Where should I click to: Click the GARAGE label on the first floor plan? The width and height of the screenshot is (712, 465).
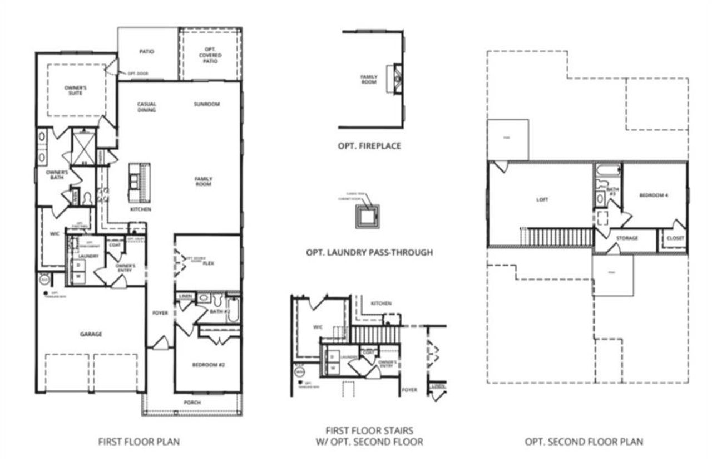tap(91, 334)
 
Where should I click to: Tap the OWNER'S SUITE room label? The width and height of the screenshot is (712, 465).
tap(76, 90)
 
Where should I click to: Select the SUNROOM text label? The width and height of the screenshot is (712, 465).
tap(206, 104)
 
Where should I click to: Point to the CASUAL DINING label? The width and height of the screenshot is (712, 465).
tap(147, 107)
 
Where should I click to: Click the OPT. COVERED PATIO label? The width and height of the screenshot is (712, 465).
tap(210, 55)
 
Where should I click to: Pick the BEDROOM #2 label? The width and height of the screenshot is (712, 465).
tap(207, 365)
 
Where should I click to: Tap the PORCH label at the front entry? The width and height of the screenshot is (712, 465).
tap(192, 402)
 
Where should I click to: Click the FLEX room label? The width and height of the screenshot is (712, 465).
tap(209, 263)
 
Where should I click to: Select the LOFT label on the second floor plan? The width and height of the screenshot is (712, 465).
tap(542, 199)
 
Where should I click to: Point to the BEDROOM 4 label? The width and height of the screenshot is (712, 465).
tap(654, 195)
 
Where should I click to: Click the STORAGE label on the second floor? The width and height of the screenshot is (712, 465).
tap(626, 238)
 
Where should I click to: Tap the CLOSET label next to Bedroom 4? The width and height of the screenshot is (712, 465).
tap(675, 238)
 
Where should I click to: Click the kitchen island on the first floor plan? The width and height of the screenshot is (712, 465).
tap(139, 183)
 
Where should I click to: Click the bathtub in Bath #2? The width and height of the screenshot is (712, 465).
tap(233, 311)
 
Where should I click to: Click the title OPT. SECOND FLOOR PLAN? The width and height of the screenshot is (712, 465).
tap(584, 442)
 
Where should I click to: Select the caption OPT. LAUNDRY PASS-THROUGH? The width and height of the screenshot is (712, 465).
tap(369, 252)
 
